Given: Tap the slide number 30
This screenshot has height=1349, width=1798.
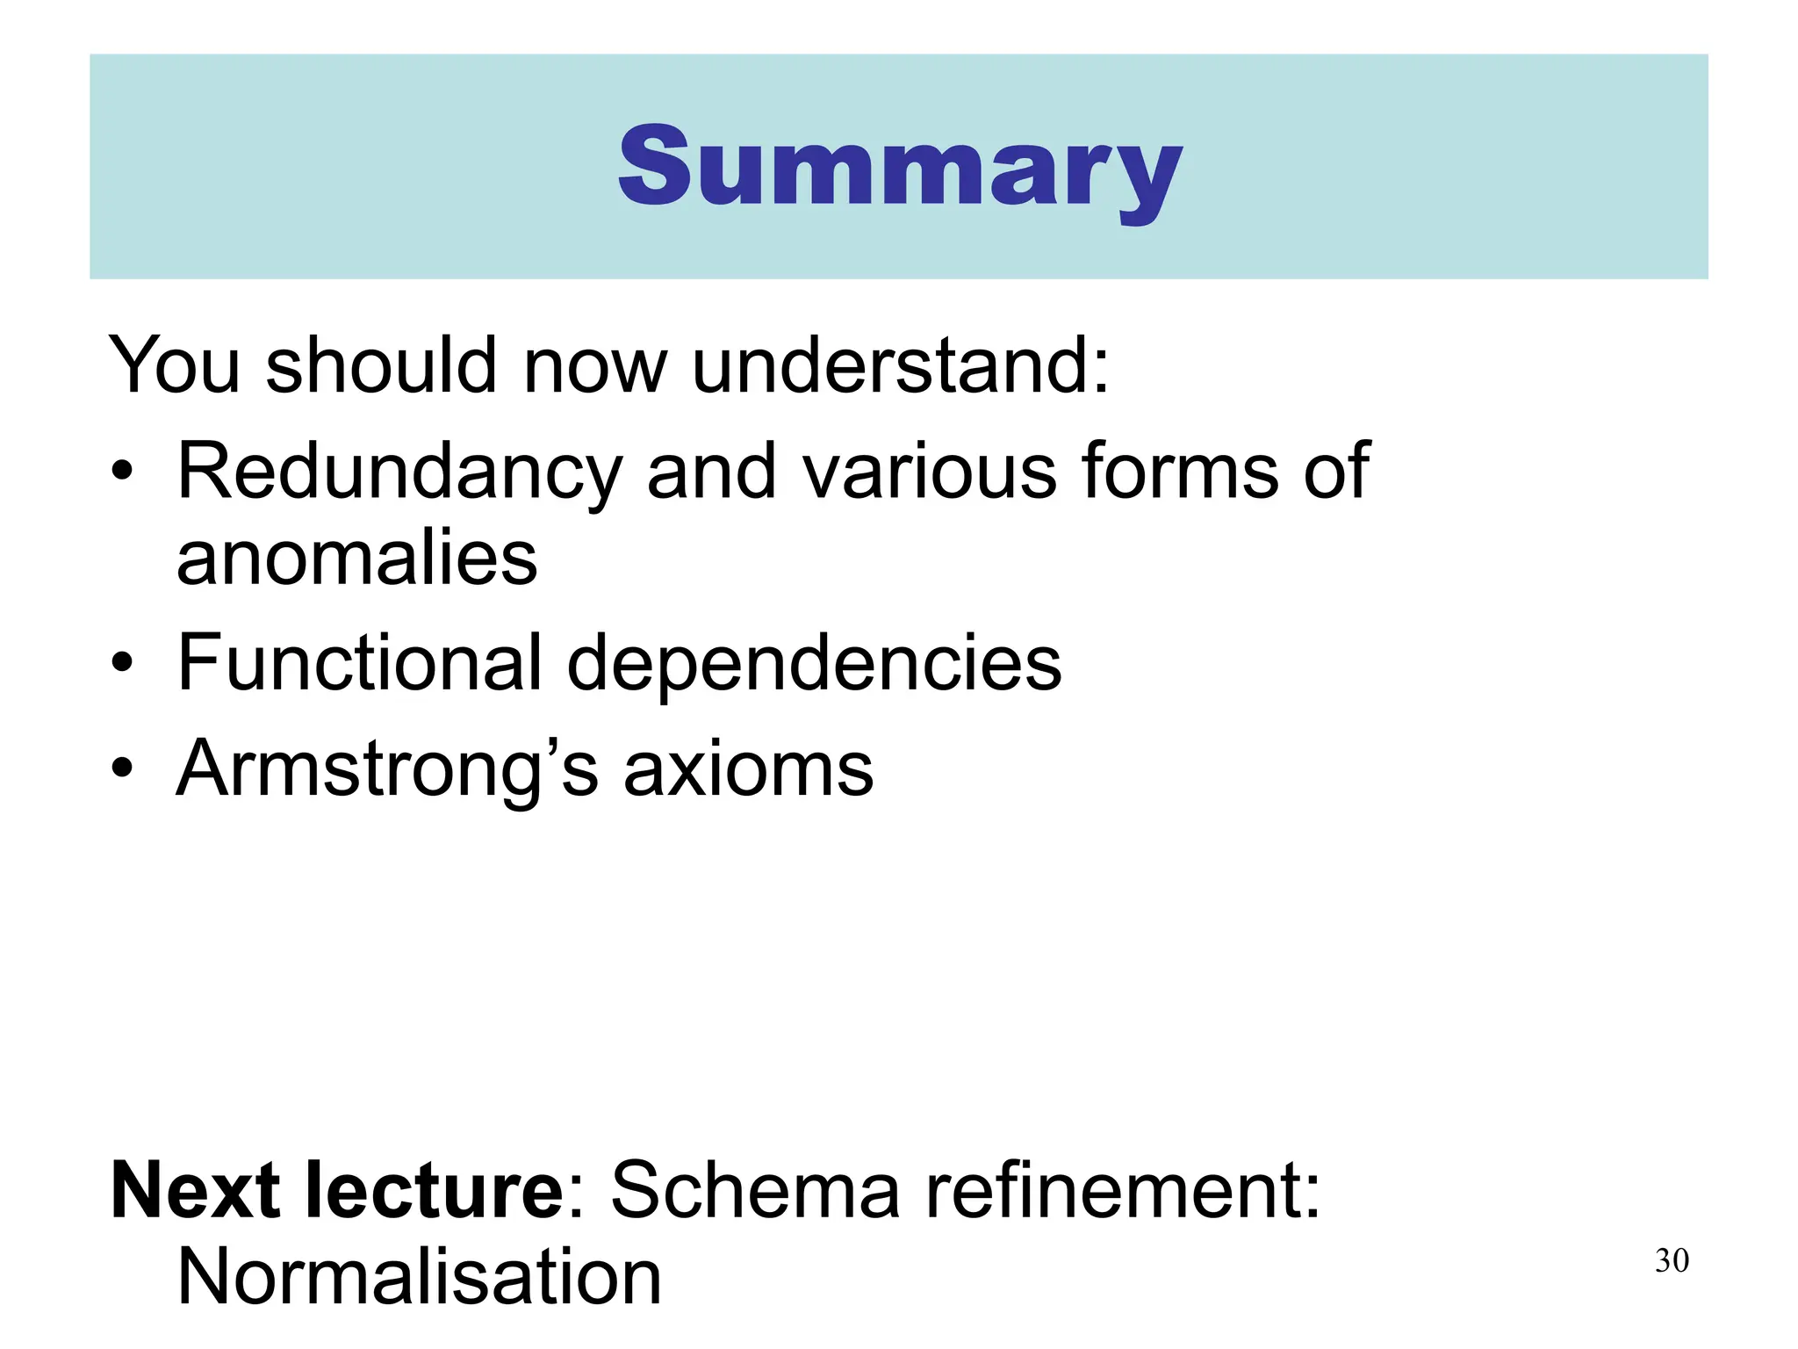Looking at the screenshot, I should tap(1672, 1261).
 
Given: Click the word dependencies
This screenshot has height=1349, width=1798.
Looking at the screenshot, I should tap(814, 665).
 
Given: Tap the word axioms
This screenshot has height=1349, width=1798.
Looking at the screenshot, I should tap(748, 769).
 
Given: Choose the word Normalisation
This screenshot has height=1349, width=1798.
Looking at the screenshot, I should tap(419, 1277).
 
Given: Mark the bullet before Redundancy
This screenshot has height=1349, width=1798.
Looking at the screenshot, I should tap(122, 474).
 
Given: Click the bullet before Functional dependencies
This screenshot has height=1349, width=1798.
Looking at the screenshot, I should tap(122, 665).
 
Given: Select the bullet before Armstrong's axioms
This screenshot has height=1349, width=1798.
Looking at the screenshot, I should tap(122, 770).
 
